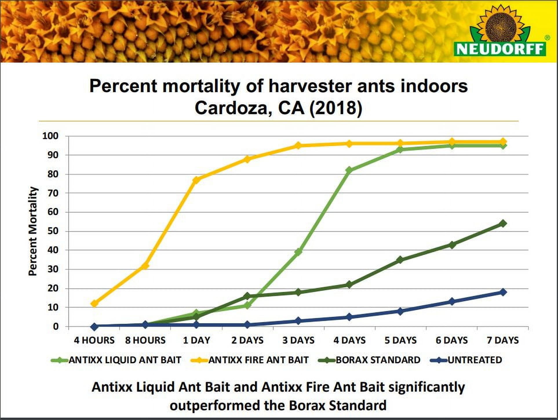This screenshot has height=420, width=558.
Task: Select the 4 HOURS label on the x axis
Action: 94,340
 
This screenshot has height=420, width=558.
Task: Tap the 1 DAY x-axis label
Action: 196,340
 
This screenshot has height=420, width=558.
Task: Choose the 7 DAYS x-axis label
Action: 503,340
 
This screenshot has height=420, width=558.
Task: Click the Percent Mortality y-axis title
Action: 33,231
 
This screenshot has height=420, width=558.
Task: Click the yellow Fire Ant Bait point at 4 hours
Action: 94,304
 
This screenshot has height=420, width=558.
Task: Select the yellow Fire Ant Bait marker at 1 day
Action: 196,180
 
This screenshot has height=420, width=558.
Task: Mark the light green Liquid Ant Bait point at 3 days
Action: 298,252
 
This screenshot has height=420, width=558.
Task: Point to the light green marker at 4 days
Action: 349,170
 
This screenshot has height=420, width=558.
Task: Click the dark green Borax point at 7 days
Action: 503,223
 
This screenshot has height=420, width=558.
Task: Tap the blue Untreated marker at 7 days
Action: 503,292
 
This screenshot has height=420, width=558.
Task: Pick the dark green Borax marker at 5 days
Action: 400,260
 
